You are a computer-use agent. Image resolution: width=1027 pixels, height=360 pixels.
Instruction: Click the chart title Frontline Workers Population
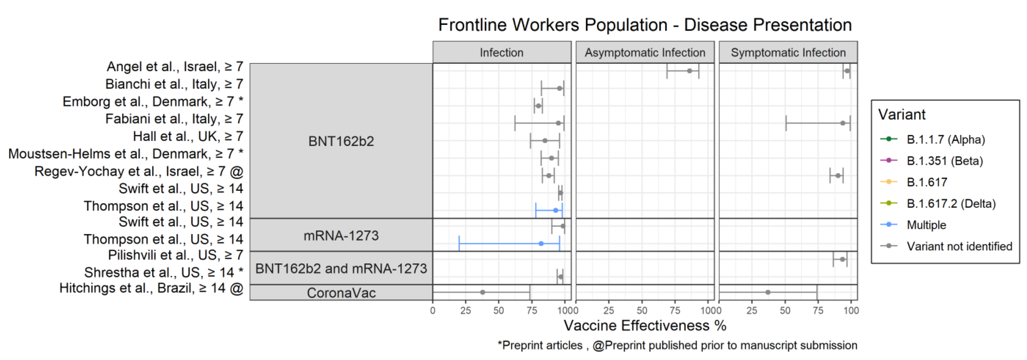[645, 25]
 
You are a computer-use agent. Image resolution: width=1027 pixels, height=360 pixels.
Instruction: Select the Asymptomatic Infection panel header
[645, 52]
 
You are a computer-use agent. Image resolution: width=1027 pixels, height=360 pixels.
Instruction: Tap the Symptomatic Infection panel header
[788, 52]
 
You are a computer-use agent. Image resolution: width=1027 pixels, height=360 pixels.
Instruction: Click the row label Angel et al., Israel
[175, 67]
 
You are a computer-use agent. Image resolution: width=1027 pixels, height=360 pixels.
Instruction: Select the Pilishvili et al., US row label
[175, 255]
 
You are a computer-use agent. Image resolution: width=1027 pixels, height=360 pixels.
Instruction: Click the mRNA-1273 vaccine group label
[341, 236]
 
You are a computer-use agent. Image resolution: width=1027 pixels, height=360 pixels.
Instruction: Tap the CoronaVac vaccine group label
[341, 293]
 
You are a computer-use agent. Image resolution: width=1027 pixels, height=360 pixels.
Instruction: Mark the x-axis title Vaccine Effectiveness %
[645, 326]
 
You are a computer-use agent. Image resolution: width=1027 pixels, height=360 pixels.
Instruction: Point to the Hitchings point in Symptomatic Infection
[768, 292]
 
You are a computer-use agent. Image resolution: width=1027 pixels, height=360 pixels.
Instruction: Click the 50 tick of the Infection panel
[499, 311]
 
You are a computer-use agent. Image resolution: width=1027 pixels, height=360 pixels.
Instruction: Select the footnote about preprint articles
[677, 345]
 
